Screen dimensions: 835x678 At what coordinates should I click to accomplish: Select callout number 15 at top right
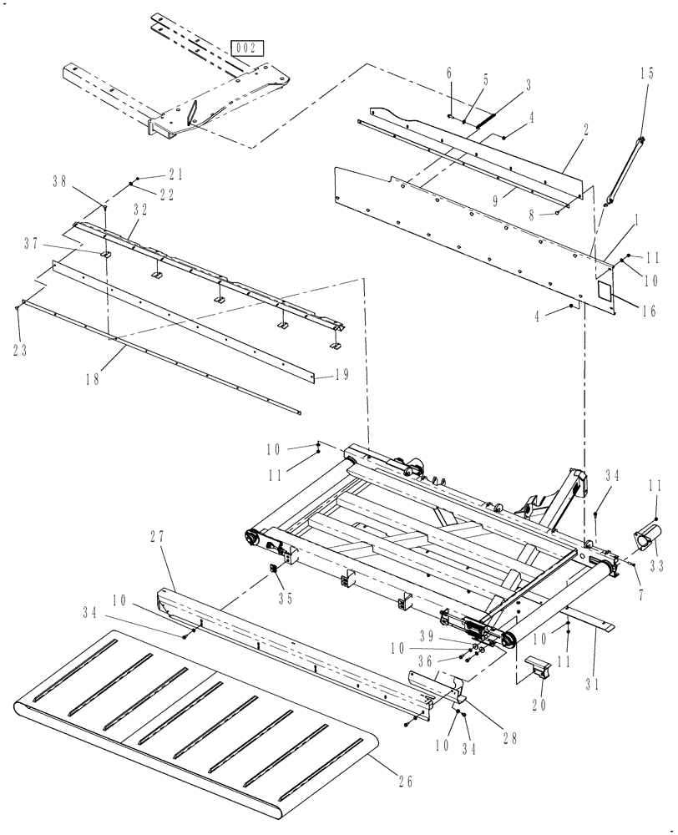(x=648, y=73)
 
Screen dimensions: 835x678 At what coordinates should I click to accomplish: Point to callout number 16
(x=647, y=311)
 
